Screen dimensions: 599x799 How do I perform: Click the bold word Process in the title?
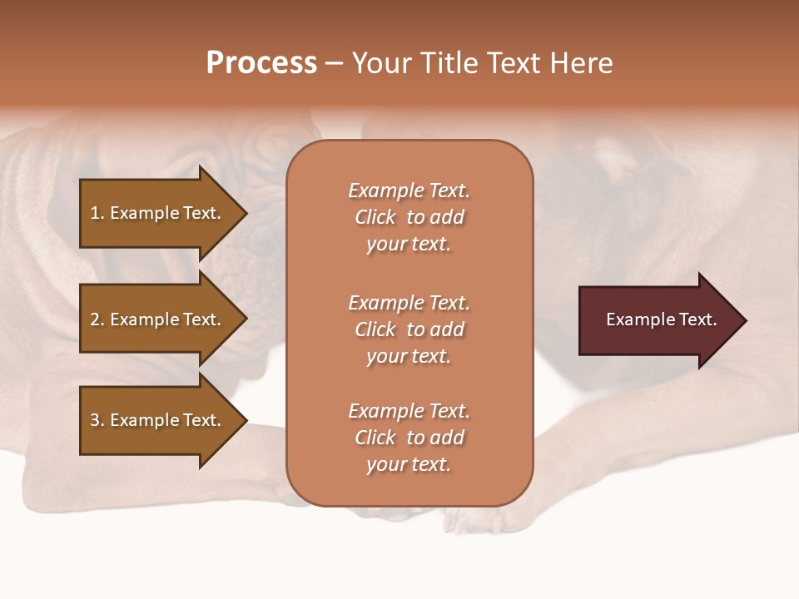(x=261, y=63)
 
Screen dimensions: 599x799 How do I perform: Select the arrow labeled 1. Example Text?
(x=158, y=213)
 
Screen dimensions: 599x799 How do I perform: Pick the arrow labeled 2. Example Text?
(x=158, y=319)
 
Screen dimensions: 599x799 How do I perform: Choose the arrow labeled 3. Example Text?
(x=158, y=420)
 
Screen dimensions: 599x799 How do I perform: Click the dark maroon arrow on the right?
(x=658, y=319)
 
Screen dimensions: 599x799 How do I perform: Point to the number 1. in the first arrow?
(x=97, y=213)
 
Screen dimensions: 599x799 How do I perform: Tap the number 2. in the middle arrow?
(x=97, y=319)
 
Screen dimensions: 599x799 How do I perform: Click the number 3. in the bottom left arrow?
(x=97, y=420)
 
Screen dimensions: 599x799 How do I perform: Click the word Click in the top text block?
(x=375, y=217)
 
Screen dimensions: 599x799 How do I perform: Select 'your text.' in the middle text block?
(x=409, y=356)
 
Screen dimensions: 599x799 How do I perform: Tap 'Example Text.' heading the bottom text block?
(x=409, y=411)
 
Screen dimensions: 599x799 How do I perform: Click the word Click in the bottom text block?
(x=375, y=438)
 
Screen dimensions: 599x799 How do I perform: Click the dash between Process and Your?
(x=334, y=63)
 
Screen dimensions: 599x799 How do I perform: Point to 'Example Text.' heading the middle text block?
(x=409, y=303)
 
